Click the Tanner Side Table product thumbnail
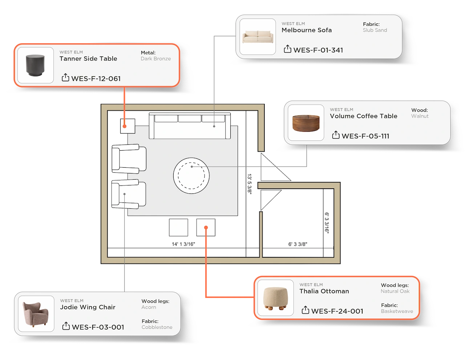tap(36, 65)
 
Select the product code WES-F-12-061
tap(96, 79)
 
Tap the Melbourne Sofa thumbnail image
tap(258, 37)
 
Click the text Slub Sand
tap(375, 30)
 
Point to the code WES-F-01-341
tap(318, 50)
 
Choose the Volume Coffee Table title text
tap(363, 116)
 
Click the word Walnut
tap(420, 116)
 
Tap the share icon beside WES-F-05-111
tap(336, 135)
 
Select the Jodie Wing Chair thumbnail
tap(36, 314)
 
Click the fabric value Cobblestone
tap(157, 327)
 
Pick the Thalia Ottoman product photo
tap(275, 298)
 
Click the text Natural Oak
tap(395, 291)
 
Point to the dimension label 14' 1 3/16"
tap(183, 244)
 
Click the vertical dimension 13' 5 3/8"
tap(249, 184)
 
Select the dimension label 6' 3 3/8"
tap(298, 244)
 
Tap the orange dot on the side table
tap(125, 126)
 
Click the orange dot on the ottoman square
tap(206, 228)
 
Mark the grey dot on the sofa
tap(214, 126)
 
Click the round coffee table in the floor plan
tap(191, 176)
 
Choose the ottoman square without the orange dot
tap(178, 228)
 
